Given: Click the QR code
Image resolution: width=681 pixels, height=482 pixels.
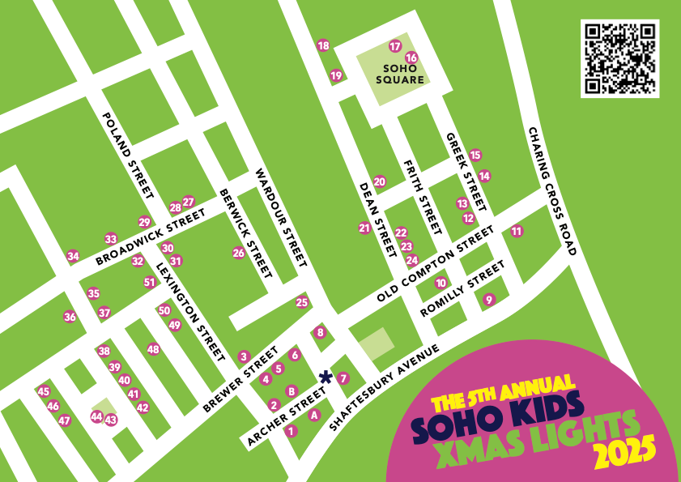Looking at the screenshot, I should (619, 58).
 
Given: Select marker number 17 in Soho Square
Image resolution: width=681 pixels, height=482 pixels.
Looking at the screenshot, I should (395, 46).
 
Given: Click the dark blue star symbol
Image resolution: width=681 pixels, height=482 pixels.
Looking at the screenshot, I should (326, 376).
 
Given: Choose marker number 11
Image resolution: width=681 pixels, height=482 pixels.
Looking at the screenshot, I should (517, 232).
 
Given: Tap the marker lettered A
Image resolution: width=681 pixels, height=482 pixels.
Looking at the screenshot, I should (315, 415).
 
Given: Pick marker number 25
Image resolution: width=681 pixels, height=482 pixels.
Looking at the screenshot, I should (302, 303).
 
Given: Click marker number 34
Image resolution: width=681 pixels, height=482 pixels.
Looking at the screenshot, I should (73, 256).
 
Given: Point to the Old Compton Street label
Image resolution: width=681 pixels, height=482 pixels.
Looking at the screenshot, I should (435, 265).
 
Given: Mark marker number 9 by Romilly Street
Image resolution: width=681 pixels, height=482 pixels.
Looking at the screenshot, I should (488, 300).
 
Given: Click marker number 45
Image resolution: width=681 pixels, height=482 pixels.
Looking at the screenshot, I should (44, 391).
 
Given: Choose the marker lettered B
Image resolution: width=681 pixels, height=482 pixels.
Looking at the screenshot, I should (291, 390).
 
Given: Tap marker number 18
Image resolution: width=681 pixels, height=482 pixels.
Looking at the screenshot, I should (323, 45).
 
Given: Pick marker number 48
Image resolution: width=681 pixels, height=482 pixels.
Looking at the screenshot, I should (153, 349).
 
